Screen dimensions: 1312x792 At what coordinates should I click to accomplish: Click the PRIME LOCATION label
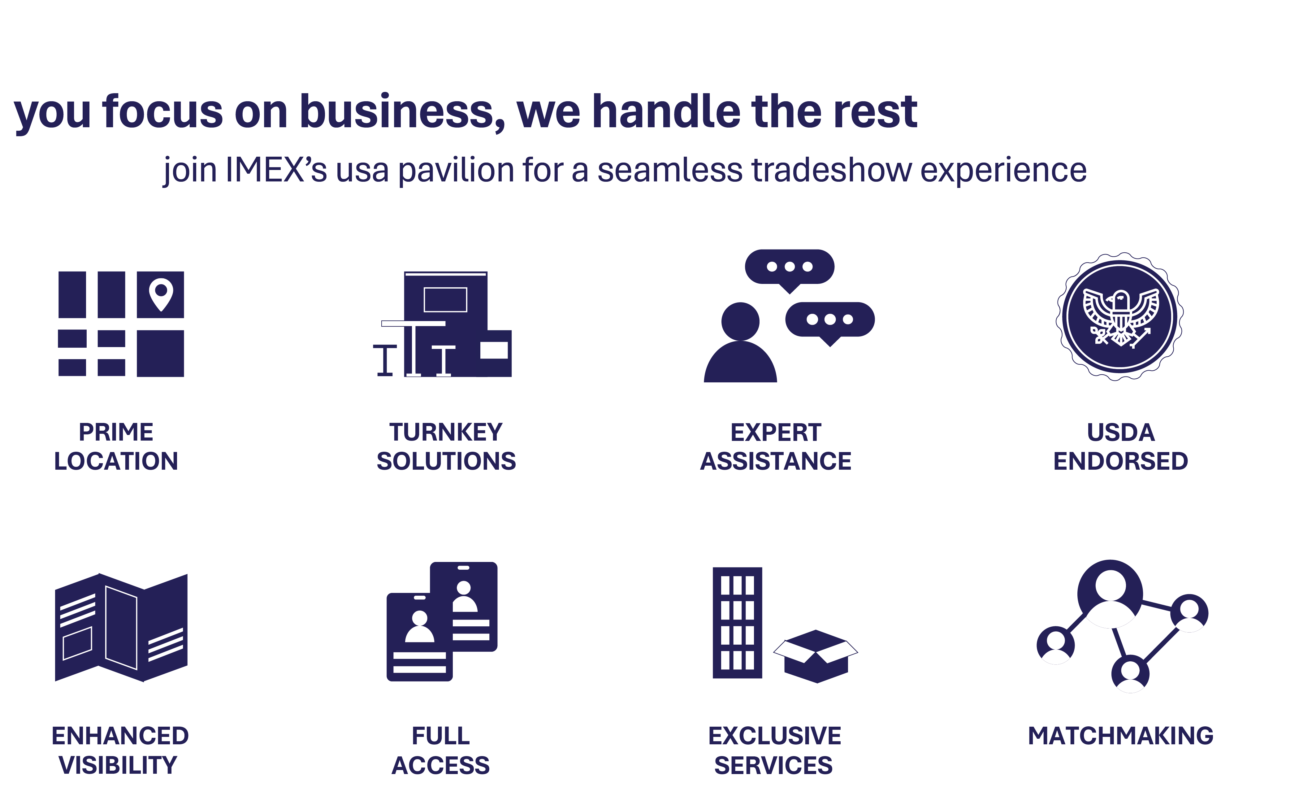pyautogui.click(x=116, y=446)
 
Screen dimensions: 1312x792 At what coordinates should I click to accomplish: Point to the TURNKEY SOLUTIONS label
pyautogui.click(x=446, y=446)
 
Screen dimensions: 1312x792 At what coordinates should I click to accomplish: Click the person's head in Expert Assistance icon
pyautogui.click(x=740, y=321)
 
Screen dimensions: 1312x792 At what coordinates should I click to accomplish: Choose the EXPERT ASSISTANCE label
pyautogui.click(x=776, y=446)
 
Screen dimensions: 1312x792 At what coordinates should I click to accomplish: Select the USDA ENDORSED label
pyautogui.click(x=1121, y=446)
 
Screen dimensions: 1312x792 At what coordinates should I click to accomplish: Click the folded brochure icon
pyautogui.click(x=121, y=627)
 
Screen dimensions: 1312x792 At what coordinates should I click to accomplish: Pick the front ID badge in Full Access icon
pyautogui.click(x=420, y=637)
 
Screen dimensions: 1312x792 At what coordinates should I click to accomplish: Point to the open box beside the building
pyautogui.click(x=816, y=656)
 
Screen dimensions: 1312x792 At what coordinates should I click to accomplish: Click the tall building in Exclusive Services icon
pyautogui.click(x=738, y=623)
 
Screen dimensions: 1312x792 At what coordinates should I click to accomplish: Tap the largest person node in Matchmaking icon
pyautogui.click(x=1110, y=593)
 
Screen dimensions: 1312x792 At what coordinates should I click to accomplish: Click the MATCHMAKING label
pyautogui.click(x=1121, y=736)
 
